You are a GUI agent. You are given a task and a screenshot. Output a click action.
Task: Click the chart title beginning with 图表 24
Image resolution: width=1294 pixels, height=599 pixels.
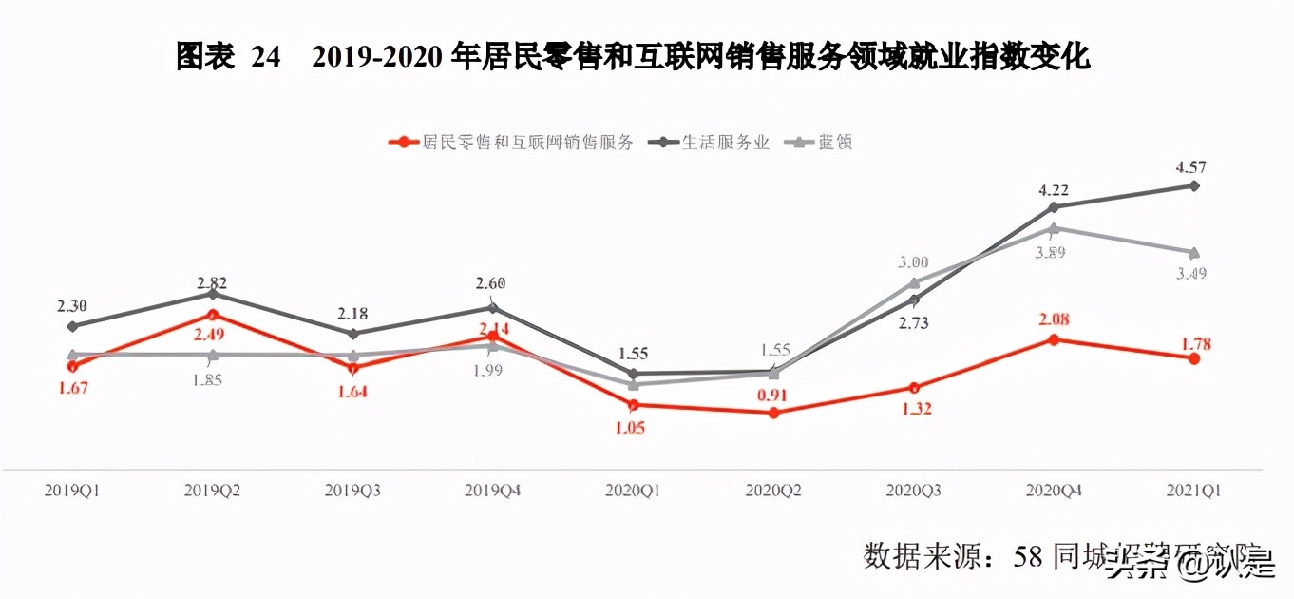pos(633,58)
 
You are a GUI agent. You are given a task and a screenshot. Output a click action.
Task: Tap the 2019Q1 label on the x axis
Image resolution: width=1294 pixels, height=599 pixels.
pos(72,491)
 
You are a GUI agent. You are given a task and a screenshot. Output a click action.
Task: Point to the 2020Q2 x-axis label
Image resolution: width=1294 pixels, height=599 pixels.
pos(772,491)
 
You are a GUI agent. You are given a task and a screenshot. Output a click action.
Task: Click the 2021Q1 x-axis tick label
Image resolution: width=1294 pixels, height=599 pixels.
pos(1192,491)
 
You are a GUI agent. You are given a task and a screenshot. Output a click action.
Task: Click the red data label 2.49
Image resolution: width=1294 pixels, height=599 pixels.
pos(212,335)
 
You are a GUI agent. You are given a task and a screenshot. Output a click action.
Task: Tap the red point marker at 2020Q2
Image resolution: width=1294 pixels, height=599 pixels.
pos(773,413)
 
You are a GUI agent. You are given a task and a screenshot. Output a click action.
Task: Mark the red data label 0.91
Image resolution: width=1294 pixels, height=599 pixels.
pos(773,395)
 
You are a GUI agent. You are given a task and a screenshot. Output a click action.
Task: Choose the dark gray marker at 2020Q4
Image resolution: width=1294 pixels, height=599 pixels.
pos(1054,206)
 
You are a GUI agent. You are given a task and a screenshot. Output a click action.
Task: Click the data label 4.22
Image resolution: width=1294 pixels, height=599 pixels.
pos(1053,188)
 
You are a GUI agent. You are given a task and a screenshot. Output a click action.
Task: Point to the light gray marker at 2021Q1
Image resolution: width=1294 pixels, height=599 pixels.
pos(1194,252)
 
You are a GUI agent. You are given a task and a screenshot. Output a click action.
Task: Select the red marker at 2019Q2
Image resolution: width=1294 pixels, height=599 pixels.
pos(213,315)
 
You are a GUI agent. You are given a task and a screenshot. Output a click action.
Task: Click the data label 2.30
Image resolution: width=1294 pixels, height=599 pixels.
pos(72,306)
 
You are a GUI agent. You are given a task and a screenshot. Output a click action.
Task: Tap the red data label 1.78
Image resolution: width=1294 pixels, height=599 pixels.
pos(1193,343)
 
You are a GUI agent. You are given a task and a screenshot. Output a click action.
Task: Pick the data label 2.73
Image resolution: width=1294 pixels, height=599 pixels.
pos(913,323)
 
